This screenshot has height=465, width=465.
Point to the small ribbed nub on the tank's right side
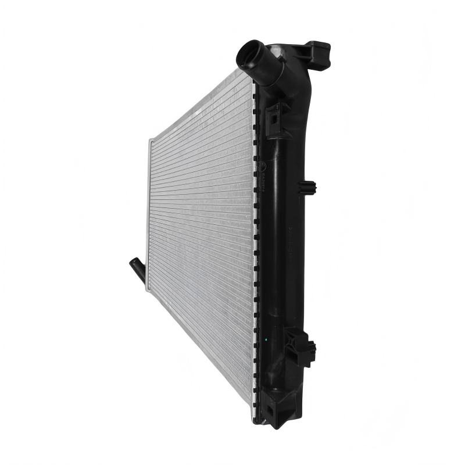(x=307, y=187)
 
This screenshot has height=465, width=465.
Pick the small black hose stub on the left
(x=137, y=270)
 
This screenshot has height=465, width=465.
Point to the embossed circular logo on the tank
(x=263, y=169)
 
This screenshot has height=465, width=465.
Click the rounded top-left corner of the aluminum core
(x=151, y=141)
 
